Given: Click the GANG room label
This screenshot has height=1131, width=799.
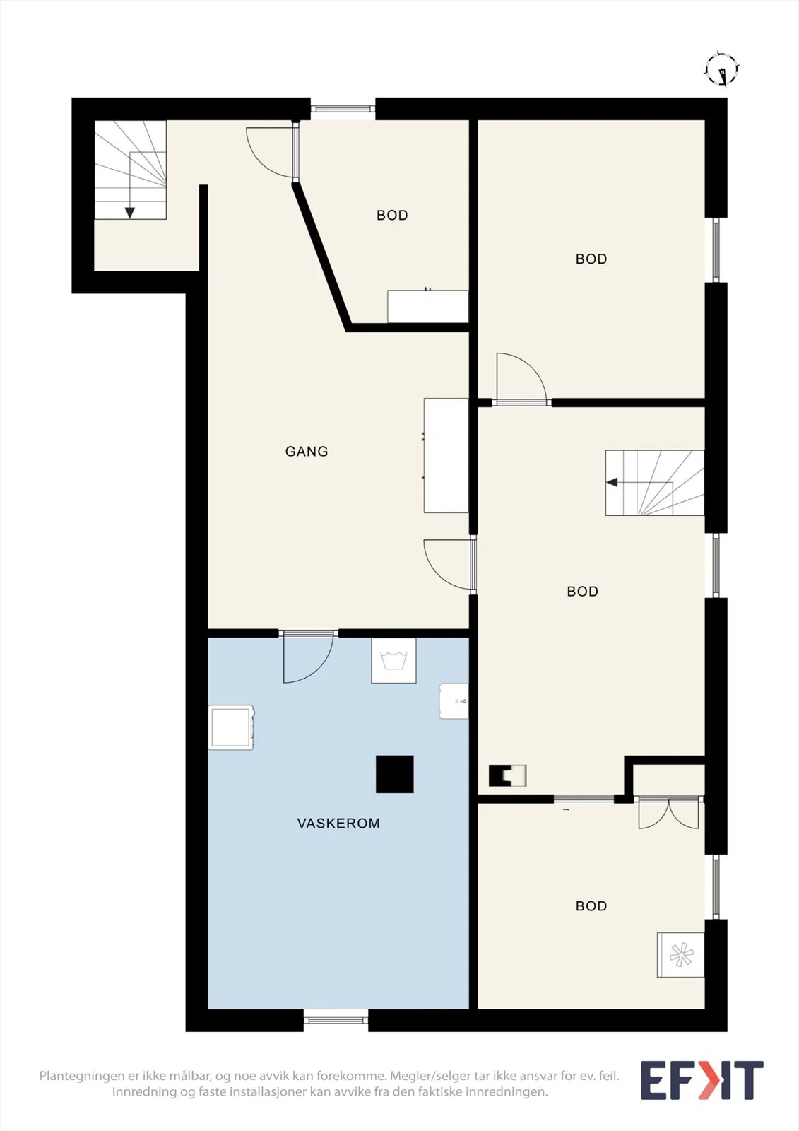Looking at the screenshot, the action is [307, 452].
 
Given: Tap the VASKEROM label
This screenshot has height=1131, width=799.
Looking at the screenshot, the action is [338, 824].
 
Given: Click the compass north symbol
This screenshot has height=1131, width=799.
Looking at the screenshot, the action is [722, 69].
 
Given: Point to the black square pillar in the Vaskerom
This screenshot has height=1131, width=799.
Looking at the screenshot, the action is [395, 774].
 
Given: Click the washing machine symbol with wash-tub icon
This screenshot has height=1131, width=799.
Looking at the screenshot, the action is [393, 660].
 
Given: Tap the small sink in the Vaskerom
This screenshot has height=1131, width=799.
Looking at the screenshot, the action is [454, 701].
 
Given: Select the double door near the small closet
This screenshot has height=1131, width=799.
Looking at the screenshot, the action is [669, 813].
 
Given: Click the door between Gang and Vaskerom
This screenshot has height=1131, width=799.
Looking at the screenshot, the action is [308, 657].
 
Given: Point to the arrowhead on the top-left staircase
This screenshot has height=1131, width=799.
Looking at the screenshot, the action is [130, 213].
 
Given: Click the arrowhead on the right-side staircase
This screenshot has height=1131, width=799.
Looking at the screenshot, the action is [612, 482].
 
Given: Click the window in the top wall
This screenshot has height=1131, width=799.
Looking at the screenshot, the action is [343, 108].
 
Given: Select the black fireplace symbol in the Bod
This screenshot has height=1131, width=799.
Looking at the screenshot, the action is [507, 775].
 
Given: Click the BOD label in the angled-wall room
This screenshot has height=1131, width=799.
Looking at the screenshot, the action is [392, 215].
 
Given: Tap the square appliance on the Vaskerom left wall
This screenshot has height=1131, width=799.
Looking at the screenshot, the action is [231, 727].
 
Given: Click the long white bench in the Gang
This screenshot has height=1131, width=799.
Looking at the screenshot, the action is [446, 455].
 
